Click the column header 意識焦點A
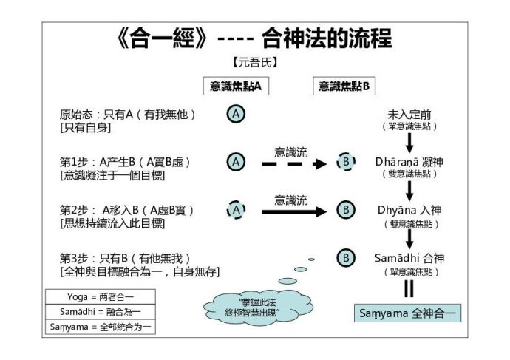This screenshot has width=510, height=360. coord(235,86)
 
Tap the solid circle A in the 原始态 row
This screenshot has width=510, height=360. coord(235,115)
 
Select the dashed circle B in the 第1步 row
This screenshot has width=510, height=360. coord(344,162)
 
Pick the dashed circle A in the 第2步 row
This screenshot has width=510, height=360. coord(235,210)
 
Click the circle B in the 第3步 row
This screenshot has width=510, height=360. coord(344,258)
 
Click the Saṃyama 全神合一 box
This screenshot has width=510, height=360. coord(408,312)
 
